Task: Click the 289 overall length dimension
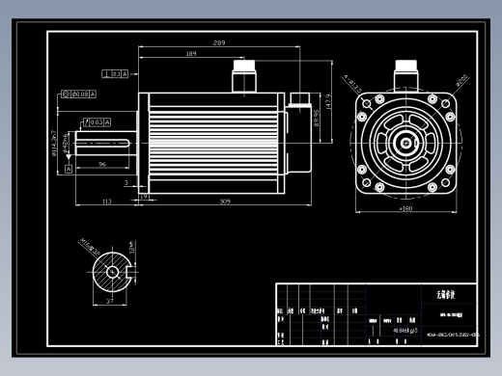click(x=219, y=43)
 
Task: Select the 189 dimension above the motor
click(x=191, y=53)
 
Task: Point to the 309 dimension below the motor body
click(x=225, y=201)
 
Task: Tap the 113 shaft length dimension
click(x=107, y=201)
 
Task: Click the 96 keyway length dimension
click(x=102, y=164)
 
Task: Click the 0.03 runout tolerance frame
click(x=97, y=122)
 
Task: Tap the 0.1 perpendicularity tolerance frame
click(x=116, y=73)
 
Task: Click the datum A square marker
click(x=69, y=169)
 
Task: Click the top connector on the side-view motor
click(x=243, y=73)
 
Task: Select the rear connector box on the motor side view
click(x=297, y=100)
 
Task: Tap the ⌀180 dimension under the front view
click(x=406, y=206)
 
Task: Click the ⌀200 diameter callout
click(x=462, y=76)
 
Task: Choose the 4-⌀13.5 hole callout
click(x=349, y=69)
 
